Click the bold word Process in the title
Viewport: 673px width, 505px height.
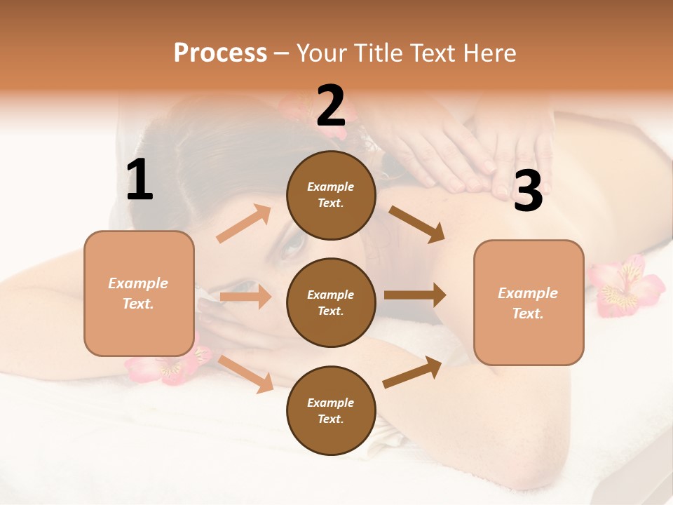(x=220, y=53)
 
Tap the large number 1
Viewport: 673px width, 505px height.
(x=140, y=180)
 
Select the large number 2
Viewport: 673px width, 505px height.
(x=331, y=106)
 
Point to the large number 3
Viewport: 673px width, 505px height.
(x=528, y=191)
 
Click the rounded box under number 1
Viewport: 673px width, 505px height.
(x=139, y=293)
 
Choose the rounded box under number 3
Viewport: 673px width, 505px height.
(x=528, y=302)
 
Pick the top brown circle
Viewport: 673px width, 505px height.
(x=331, y=195)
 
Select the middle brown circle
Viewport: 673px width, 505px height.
(x=331, y=302)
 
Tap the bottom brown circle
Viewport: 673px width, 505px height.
(x=331, y=410)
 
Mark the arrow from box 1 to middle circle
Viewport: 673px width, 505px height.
(x=245, y=297)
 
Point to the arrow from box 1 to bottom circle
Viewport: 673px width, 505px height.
(x=246, y=374)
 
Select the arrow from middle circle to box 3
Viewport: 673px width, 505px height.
(x=415, y=295)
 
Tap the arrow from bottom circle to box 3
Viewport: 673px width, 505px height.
(x=413, y=372)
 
